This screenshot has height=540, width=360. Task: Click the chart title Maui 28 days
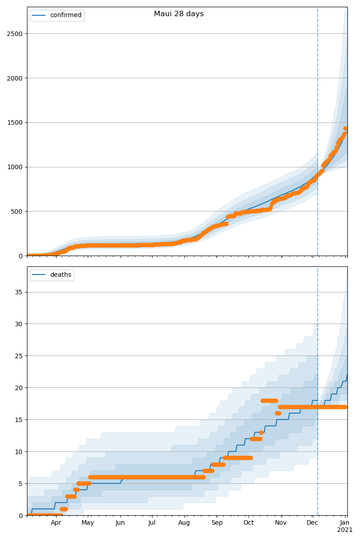[x=179, y=14]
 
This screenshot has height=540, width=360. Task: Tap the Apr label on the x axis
[x=56, y=523]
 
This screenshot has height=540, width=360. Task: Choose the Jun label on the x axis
[x=120, y=523]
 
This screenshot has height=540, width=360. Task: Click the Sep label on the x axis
[x=217, y=523]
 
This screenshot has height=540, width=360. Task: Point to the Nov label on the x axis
[x=281, y=523]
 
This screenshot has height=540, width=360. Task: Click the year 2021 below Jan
[x=345, y=530]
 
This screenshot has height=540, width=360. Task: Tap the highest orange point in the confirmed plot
[x=345, y=129]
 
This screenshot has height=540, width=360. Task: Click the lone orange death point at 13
[x=261, y=432]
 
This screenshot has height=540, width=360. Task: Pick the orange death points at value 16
[x=278, y=413]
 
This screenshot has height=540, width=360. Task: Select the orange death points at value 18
[x=269, y=400]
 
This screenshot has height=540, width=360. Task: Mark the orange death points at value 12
[x=256, y=439]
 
